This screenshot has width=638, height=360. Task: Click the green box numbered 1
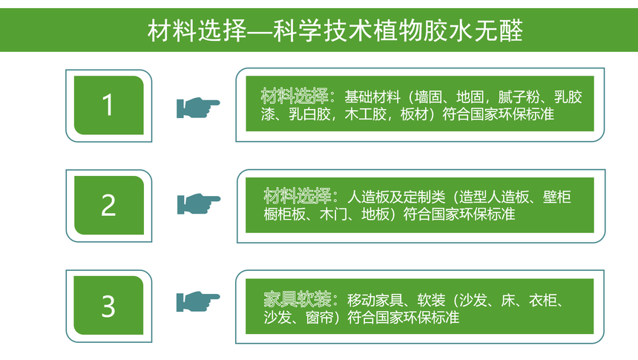(109, 105)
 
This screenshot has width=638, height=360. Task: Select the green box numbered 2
(109, 205)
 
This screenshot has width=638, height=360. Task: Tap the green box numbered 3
(108, 305)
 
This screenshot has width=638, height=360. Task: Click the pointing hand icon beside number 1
(198, 108)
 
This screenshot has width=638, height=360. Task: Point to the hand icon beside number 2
(199, 203)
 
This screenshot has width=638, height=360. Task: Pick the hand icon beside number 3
(198, 301)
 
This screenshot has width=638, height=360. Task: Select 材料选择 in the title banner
(197, 30)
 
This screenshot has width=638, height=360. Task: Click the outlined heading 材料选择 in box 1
(295, 96)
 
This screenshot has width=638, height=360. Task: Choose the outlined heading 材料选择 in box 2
(297, 197)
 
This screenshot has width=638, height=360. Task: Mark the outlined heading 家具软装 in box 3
(297, 300)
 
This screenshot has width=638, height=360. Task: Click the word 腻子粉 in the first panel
(519, 97)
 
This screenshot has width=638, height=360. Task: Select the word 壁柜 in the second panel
(557, 197)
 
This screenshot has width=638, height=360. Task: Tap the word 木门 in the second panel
(333, 215)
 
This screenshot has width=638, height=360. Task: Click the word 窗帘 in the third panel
(320, 318)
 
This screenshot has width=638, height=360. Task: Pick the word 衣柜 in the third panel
(543, 301)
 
